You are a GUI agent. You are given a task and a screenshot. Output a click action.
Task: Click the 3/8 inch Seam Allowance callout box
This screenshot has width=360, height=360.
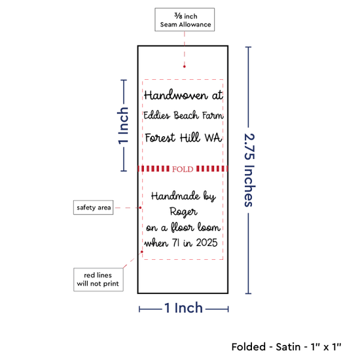coord(185,20)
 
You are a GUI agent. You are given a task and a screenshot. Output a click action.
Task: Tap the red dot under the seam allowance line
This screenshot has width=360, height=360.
coord(185,67)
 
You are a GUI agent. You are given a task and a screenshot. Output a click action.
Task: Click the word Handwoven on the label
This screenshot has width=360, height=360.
coord(175,95)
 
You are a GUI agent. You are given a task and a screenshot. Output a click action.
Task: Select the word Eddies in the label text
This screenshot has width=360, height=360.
coord(157,115)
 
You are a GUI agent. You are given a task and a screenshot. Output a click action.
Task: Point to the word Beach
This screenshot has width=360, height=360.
coord(186,115)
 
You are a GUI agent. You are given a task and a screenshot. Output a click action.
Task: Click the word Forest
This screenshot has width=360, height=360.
coord(160,137)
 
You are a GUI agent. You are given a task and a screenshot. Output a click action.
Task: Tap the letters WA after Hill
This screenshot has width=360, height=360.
coord(213,137)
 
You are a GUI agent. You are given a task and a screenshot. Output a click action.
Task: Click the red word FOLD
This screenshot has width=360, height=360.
coord(183,170)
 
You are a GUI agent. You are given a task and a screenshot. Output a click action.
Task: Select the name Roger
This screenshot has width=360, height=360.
coord(183,212)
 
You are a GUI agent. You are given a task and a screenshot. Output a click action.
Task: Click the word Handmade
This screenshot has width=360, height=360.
coord(175,196)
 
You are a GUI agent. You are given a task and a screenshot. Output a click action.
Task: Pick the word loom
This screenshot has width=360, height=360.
coord(209,227)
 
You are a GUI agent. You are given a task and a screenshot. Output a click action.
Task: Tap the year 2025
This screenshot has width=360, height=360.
coord(207,243)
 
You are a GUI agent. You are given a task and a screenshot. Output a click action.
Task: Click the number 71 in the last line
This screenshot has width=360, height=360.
coord(176,243)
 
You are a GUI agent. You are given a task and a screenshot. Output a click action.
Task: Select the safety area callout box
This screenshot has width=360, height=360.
coord(93,207)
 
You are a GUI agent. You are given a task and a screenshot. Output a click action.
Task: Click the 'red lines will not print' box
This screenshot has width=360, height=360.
coord(98,279)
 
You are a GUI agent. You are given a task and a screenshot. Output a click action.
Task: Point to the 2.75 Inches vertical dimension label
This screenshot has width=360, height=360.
coord(249,170)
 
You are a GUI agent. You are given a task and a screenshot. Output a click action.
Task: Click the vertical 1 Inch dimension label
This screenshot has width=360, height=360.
coord(123,126)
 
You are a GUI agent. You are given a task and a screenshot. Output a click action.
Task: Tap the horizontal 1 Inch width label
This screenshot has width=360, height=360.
coord(183,308)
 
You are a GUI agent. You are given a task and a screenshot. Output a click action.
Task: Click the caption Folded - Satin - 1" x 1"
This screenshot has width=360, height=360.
coord(286,347)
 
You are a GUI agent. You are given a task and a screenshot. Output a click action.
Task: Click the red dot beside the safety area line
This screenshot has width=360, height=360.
coord(140,207)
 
